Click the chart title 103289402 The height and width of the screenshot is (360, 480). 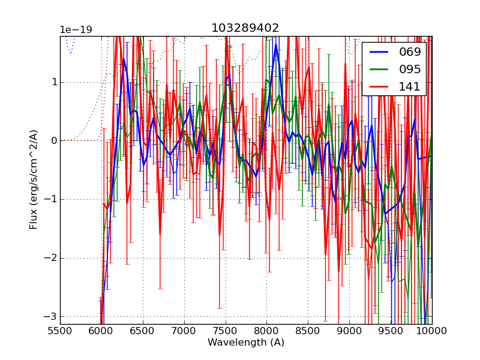click(x=245, y=28)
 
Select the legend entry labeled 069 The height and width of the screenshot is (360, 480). click(x=410, y=52)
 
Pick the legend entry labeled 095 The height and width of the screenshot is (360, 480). click(x=410, y=69)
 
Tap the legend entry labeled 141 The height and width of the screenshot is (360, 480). click(x=410, y=86)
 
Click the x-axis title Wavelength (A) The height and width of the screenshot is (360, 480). click(x=246, y=343)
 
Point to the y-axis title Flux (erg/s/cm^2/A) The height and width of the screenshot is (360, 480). click(x=34, y=179)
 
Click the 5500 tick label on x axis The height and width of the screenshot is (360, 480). click(x=60, y=331)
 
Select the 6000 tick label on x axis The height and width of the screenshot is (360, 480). click(x=101, y=331)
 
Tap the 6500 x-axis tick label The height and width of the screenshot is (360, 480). click(x=143, y=331)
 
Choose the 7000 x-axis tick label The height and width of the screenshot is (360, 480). click(x=184, y=331)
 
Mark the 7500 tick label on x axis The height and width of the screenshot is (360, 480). click(x=226, y=331)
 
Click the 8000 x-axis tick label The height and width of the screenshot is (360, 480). click(x=266, y=331)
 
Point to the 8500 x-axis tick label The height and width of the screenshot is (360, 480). click(x=308, y=331)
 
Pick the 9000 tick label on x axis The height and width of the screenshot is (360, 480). click(x=349, y=331)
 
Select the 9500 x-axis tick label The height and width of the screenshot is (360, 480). click(x=391, y=331)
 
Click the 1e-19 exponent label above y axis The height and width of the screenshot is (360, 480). click(x=76, y=30)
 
